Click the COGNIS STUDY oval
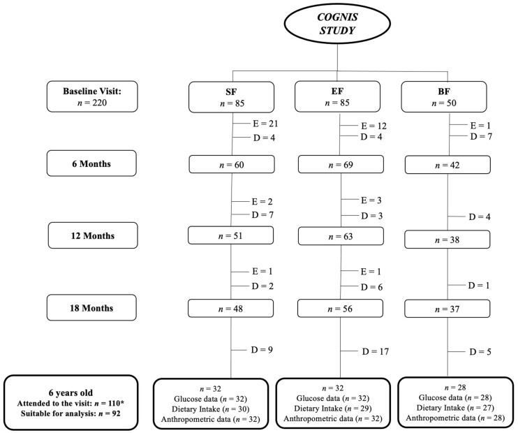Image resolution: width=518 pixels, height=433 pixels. click(x=337, y=24)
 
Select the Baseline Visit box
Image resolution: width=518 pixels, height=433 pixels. click(x=92, y=96)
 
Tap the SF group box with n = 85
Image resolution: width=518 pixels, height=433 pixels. click(x=231, y=97)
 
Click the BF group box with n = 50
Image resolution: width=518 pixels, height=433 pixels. click(x=444, y=97)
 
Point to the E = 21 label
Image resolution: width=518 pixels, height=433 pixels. click(x=265, y=124)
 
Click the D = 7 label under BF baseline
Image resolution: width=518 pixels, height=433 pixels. click(x=481, y=136)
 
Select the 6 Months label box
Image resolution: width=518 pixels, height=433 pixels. click(x=91, y=163)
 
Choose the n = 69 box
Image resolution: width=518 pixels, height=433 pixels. click(x=341, y=164)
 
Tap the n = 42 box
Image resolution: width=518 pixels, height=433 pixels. click(x=447, y=165)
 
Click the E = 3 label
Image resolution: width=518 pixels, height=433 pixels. click(x=371, y=200)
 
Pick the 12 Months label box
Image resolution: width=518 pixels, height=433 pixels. click(x=93, y=235)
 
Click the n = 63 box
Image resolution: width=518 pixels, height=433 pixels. click(x=341, y=236)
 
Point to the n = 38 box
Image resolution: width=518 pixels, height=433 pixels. click(x=447, y=240)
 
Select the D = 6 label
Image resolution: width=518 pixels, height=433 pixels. click(x=371, y=287)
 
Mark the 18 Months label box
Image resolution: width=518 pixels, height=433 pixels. click(x=91, y=307)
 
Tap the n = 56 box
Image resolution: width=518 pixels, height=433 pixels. click(x=340, y=309)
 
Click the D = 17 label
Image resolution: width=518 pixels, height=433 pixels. click(x=376, y=351)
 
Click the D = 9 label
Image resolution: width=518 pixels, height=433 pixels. click(x=262, y=349)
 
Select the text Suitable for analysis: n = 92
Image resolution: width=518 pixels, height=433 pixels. click(x=71, y=413)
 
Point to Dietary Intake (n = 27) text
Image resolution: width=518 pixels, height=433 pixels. click(x=455, y=408)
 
